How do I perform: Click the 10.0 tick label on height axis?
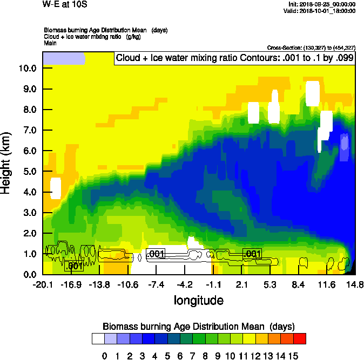(x=27, y=69)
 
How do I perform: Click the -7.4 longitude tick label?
(x=156, y=284)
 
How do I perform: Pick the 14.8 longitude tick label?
(x=354, y=284)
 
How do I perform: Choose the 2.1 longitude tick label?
(x=241, y=284)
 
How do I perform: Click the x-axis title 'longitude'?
(x=199, y=300)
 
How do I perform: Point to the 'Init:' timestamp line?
(x=322, y=4)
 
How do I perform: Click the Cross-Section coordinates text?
(x=311, y=47)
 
